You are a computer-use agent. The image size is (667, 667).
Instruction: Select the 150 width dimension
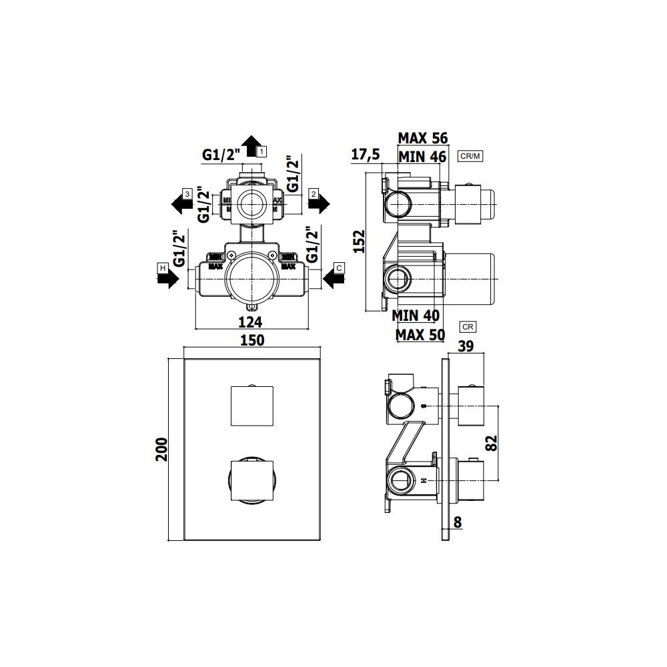point(252,340)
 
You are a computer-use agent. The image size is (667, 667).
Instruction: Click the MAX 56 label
point(422,138)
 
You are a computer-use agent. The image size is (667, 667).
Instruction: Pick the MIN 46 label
point(422,157)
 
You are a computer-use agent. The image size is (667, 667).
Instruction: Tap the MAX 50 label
point(420,334)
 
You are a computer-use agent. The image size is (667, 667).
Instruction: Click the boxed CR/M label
point(470,156)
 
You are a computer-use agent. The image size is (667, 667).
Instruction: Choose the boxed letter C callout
point(339,268)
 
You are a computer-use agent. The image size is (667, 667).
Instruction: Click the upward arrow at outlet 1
point(251,145)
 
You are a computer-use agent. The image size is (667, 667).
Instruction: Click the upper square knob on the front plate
point(252,406)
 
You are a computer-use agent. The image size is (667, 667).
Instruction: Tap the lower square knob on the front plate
point(252,479)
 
